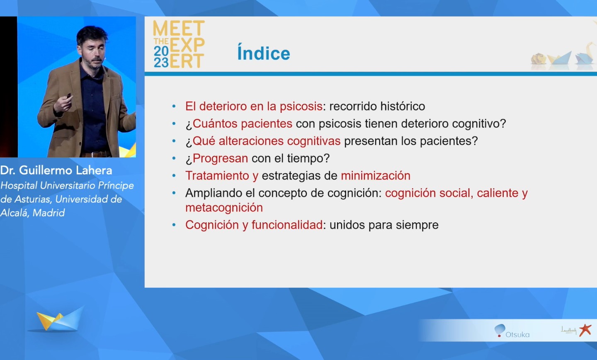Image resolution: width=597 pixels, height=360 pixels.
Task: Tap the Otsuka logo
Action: coord(512,331)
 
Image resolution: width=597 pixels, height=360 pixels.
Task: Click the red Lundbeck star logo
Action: coord(585,330)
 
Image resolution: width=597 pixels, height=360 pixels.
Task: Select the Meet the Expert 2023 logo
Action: coord(179,44)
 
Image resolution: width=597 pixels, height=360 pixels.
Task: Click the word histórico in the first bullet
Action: coord(403,106)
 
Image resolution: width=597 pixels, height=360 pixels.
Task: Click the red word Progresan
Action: coord(220,158)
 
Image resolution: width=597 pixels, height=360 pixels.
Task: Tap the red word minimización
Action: coord(376,176)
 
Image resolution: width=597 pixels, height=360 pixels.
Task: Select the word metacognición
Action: coord(224,207)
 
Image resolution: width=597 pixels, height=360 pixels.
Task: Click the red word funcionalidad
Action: coord(287,225)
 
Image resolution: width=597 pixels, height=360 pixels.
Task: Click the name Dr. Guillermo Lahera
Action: coord(56,170)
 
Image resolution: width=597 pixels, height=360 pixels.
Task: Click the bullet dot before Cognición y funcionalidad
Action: coord(174,225)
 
